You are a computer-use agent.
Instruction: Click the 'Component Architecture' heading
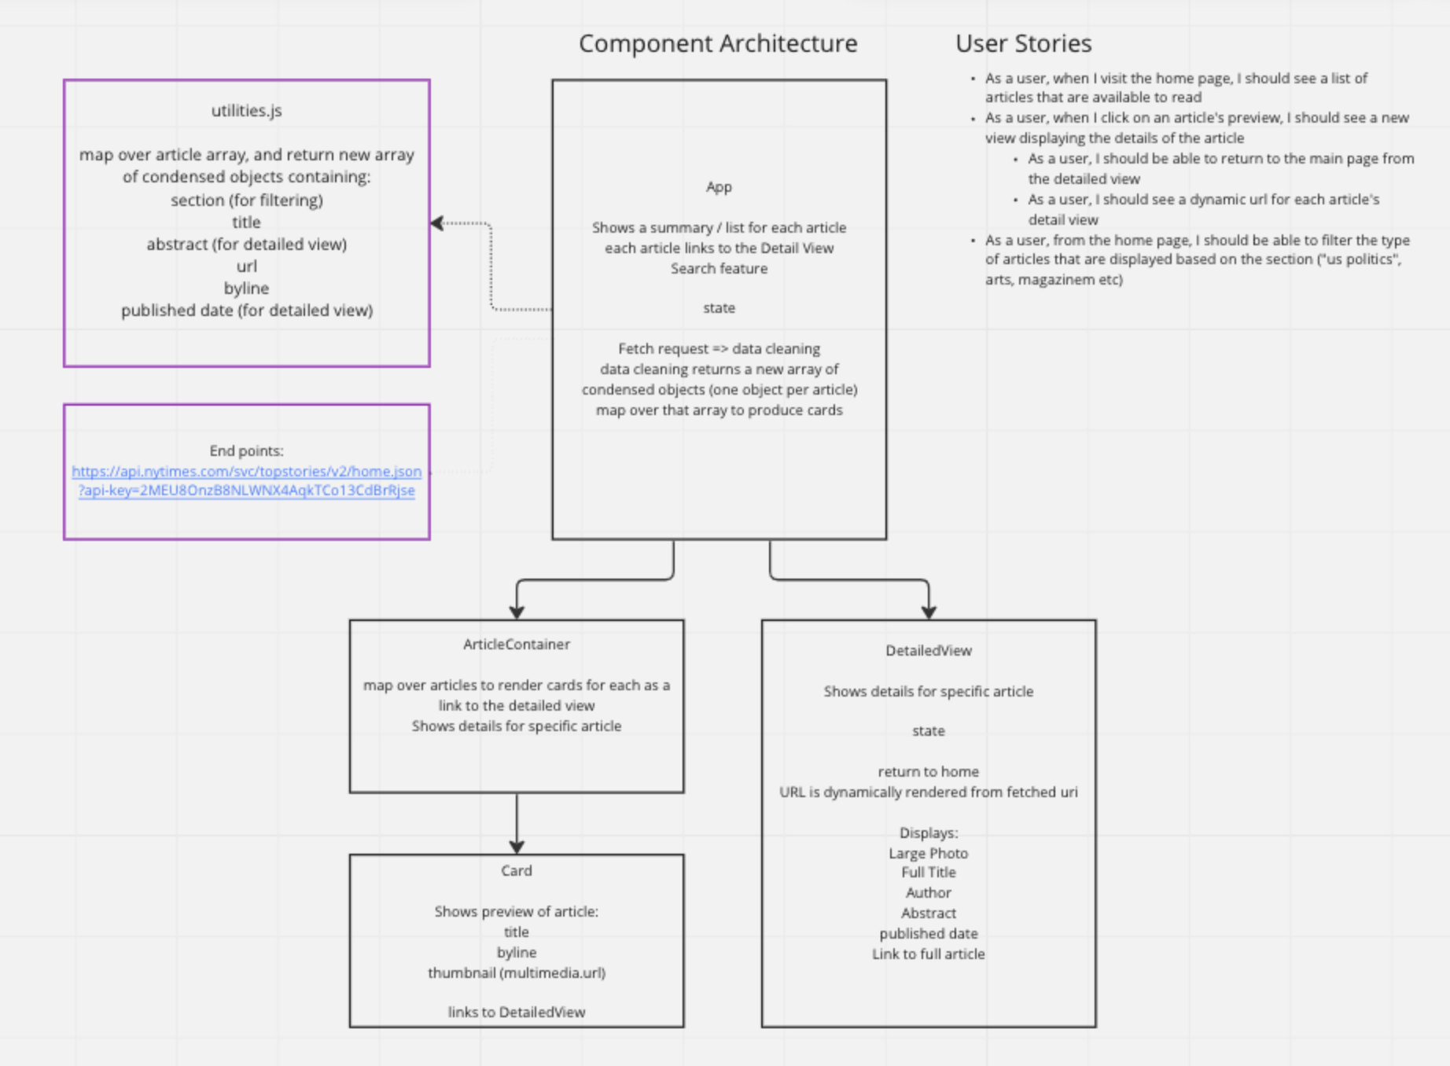coord(717,43)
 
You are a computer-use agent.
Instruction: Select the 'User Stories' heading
coord(1023,43)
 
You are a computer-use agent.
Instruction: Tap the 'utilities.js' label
coord(246,111)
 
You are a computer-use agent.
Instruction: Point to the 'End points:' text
coord(246,450)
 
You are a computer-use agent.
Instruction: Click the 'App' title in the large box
coord(719,187)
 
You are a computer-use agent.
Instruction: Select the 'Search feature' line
coord(719,269)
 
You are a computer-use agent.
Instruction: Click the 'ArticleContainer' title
coord(516,645)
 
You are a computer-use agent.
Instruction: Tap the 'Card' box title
coord(516,871)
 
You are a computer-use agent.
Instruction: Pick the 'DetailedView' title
coord(928,651)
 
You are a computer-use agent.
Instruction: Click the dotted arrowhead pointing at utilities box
coord(437,223)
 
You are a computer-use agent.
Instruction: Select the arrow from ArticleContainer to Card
coord(517,822)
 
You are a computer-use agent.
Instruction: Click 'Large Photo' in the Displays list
coord(928,854)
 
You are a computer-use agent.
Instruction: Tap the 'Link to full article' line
coord(928,954)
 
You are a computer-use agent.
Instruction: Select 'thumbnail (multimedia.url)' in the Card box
coord(516,973)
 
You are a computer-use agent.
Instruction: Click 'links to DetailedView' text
coord(516,1013)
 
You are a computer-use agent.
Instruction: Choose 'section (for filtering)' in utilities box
coord(246,200)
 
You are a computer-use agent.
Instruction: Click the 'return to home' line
coord(928,772)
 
